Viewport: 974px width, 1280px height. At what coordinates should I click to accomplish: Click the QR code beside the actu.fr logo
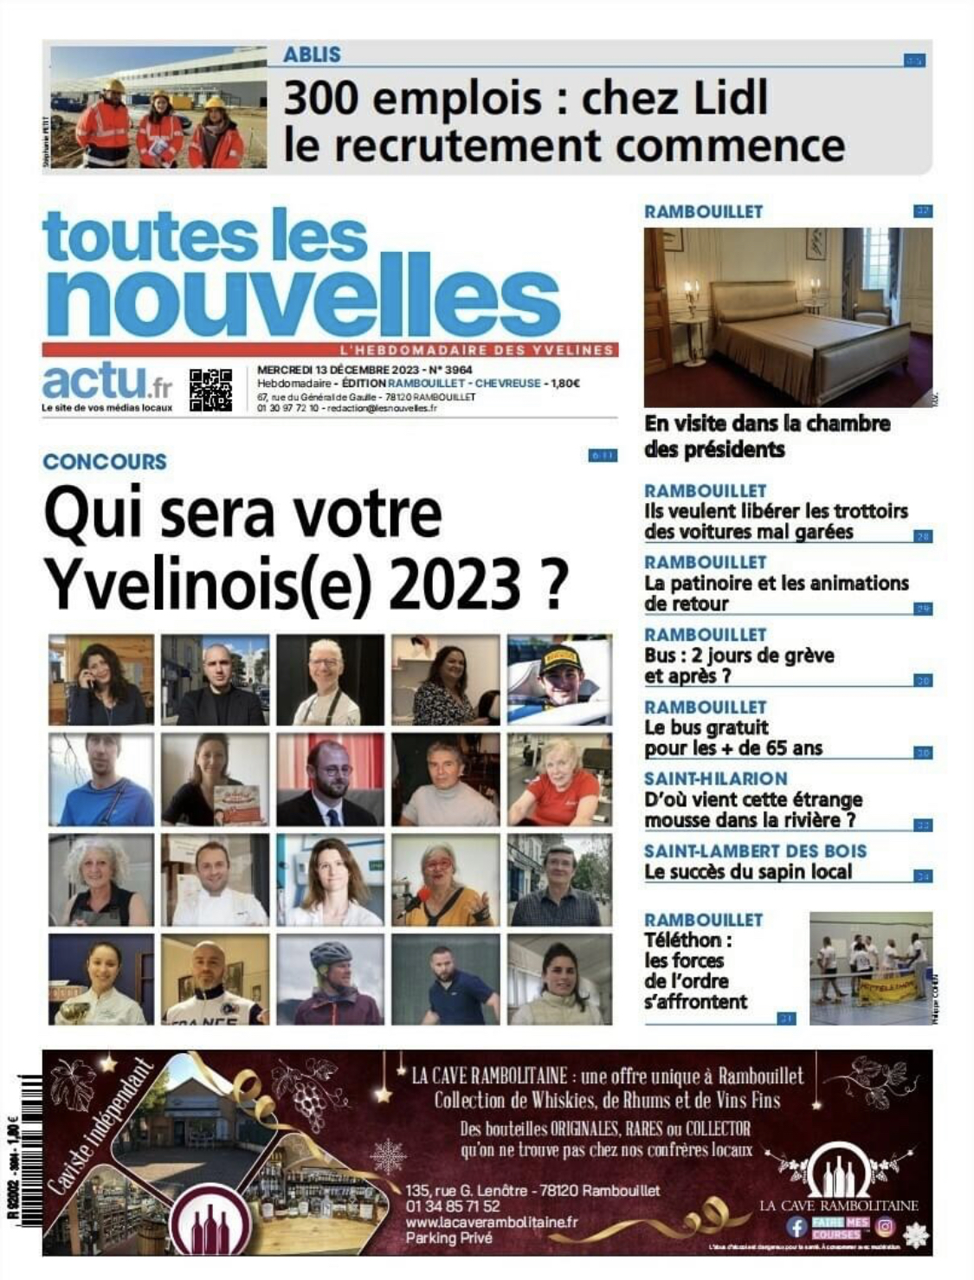pyautogui.click(x=210, y=390)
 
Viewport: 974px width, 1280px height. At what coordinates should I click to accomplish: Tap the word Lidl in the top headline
pyautogui.click(x=720, y=98)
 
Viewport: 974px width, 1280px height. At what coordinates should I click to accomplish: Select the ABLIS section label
pyautogui.click(x=312, y=55)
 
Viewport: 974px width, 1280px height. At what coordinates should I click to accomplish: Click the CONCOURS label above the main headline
pyautogui.click(x=105, y=462)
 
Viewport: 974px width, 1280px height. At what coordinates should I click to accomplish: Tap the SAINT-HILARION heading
pyautogui.click(x=715, y=779)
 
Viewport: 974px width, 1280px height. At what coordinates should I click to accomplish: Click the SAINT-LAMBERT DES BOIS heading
pyautogui.click(x=755, y=851)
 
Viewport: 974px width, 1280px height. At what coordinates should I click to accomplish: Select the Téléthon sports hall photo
pyautogui.click(x=870, y=968)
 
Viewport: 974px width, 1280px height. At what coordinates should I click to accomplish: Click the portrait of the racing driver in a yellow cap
pyautogui.click(x=559, y=680)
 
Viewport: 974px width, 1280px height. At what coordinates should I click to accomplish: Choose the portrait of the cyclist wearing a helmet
pyautogui.click(x=330, y=979)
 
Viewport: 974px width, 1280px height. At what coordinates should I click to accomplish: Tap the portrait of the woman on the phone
pyautogui.click(x=101, y=680)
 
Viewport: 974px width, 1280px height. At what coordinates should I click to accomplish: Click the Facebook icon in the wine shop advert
pyautogui.click(x=797, y=1226)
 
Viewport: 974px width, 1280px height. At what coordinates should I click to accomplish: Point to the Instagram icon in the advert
pyautogui.click(x=885, y=1226)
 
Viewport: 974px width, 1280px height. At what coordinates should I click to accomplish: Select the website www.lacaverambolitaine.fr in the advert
pyautogui.click(x=491, y=1222)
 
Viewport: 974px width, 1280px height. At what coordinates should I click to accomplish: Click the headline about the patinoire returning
pyautogui.click(x=776, y=593)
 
